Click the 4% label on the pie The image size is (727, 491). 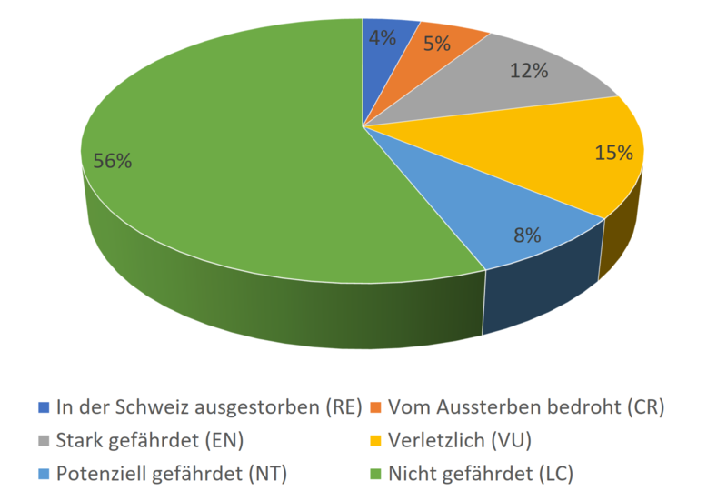pos(381,38)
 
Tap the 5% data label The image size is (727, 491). pos(436,43)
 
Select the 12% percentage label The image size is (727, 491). pos(528,70)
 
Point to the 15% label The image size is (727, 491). pos(613,153)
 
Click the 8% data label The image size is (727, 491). pos(526,235)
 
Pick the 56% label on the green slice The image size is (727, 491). pos(113,161)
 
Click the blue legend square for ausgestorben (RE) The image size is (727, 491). pos(43,406)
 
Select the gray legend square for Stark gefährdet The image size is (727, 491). pos(43,440)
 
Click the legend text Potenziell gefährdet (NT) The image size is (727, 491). pos(172,474)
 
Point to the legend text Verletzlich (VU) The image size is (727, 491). pos(459,440)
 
